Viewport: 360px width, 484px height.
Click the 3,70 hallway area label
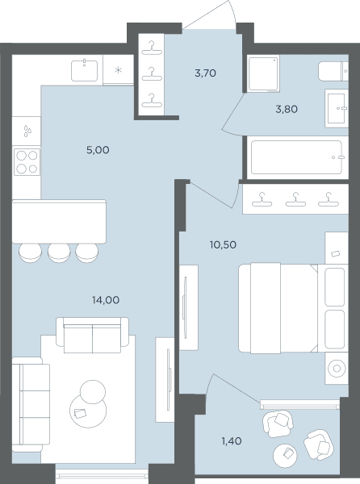coord(205,73)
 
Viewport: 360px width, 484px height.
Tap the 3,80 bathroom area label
coord(287,109)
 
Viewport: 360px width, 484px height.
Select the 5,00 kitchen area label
coord(98,150)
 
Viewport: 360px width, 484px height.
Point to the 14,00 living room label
coord(106,300)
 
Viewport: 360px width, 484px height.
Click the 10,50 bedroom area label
coord(223,245)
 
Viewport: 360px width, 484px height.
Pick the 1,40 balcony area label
coord(232,441)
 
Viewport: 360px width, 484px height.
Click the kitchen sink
coord(84,71)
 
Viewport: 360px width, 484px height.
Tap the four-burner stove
coord(27,162)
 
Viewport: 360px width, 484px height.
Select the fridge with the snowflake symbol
coord(118,70)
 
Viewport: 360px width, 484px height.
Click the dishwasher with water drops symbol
coord(27,131)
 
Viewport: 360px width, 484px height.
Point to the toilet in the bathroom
coord(333,71)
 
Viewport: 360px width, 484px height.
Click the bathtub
coord(296,157)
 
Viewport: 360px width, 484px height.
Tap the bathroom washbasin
coord(337,108)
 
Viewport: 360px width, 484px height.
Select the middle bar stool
coord(59,253)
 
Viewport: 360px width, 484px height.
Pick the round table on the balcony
coord(285,456)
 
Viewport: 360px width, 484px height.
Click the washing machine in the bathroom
coord(264,73)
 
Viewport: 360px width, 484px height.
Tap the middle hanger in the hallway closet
coord(152,74)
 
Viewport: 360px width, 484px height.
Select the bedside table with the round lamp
coord(337,369)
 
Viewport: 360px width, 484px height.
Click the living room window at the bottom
coord(103,471)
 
